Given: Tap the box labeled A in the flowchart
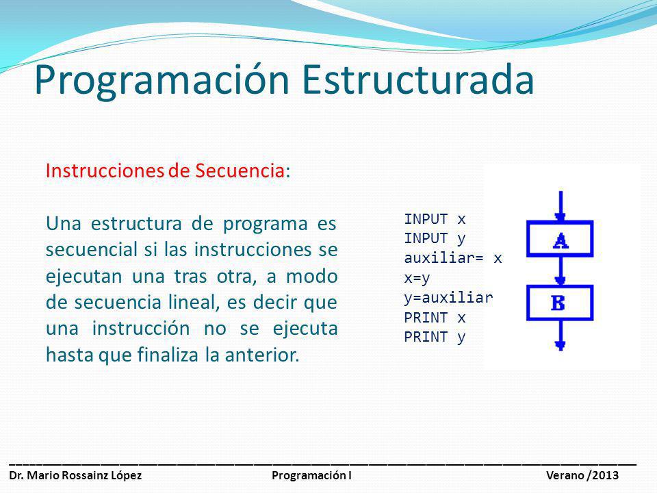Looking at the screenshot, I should point(561,240).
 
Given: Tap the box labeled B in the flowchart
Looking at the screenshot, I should point(561,303).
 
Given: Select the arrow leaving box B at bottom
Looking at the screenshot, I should point(561,337).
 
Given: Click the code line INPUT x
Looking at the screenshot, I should point(435,220).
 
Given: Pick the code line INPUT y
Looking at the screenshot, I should point(435,239).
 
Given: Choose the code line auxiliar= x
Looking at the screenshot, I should point(453,259).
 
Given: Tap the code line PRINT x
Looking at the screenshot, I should point(435,318).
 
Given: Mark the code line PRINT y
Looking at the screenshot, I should point(435,338).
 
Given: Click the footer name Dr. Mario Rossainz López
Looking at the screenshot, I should point(76,476).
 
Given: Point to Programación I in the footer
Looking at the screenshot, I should point(311,476).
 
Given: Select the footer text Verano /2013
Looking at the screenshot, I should point(582,476).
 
